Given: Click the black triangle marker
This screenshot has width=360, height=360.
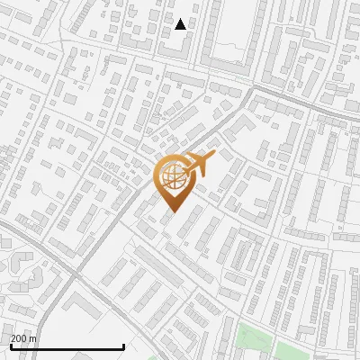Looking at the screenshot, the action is point(181,24).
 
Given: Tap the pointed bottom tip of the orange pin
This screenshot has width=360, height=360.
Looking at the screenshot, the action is point(172,211).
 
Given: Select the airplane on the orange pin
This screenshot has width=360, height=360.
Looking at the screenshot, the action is point(199,165).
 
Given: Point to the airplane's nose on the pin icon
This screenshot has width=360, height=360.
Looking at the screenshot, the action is point(214,157).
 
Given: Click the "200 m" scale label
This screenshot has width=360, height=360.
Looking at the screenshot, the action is point(24,338).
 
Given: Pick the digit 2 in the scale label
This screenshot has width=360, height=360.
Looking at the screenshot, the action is point(13,338).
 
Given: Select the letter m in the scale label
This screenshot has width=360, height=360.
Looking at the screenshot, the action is point(33,338).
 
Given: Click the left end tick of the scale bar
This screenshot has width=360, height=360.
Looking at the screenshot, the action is point(10,345).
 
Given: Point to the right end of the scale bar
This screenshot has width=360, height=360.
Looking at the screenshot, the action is point(123,346).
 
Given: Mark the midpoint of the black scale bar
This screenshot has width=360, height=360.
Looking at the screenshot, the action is point(67,346).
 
